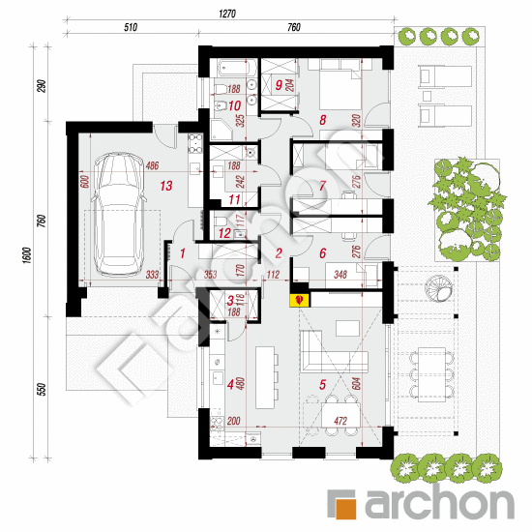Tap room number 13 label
coord(166,186)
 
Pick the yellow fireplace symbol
coord(299,301)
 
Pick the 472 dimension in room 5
coord(340,422)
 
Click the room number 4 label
coord(229,384)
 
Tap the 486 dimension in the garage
coord(153,166)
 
